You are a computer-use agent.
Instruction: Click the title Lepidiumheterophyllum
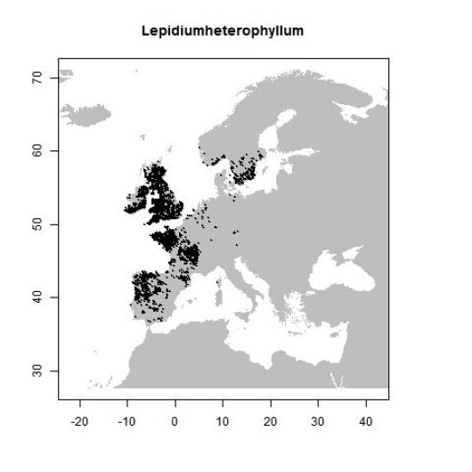224,31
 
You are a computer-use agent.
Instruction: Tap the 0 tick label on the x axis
175,419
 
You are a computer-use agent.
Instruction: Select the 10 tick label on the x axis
222,419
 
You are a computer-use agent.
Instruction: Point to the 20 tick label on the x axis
270,419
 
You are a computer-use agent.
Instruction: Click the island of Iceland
87,113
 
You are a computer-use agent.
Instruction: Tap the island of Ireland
136,202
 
